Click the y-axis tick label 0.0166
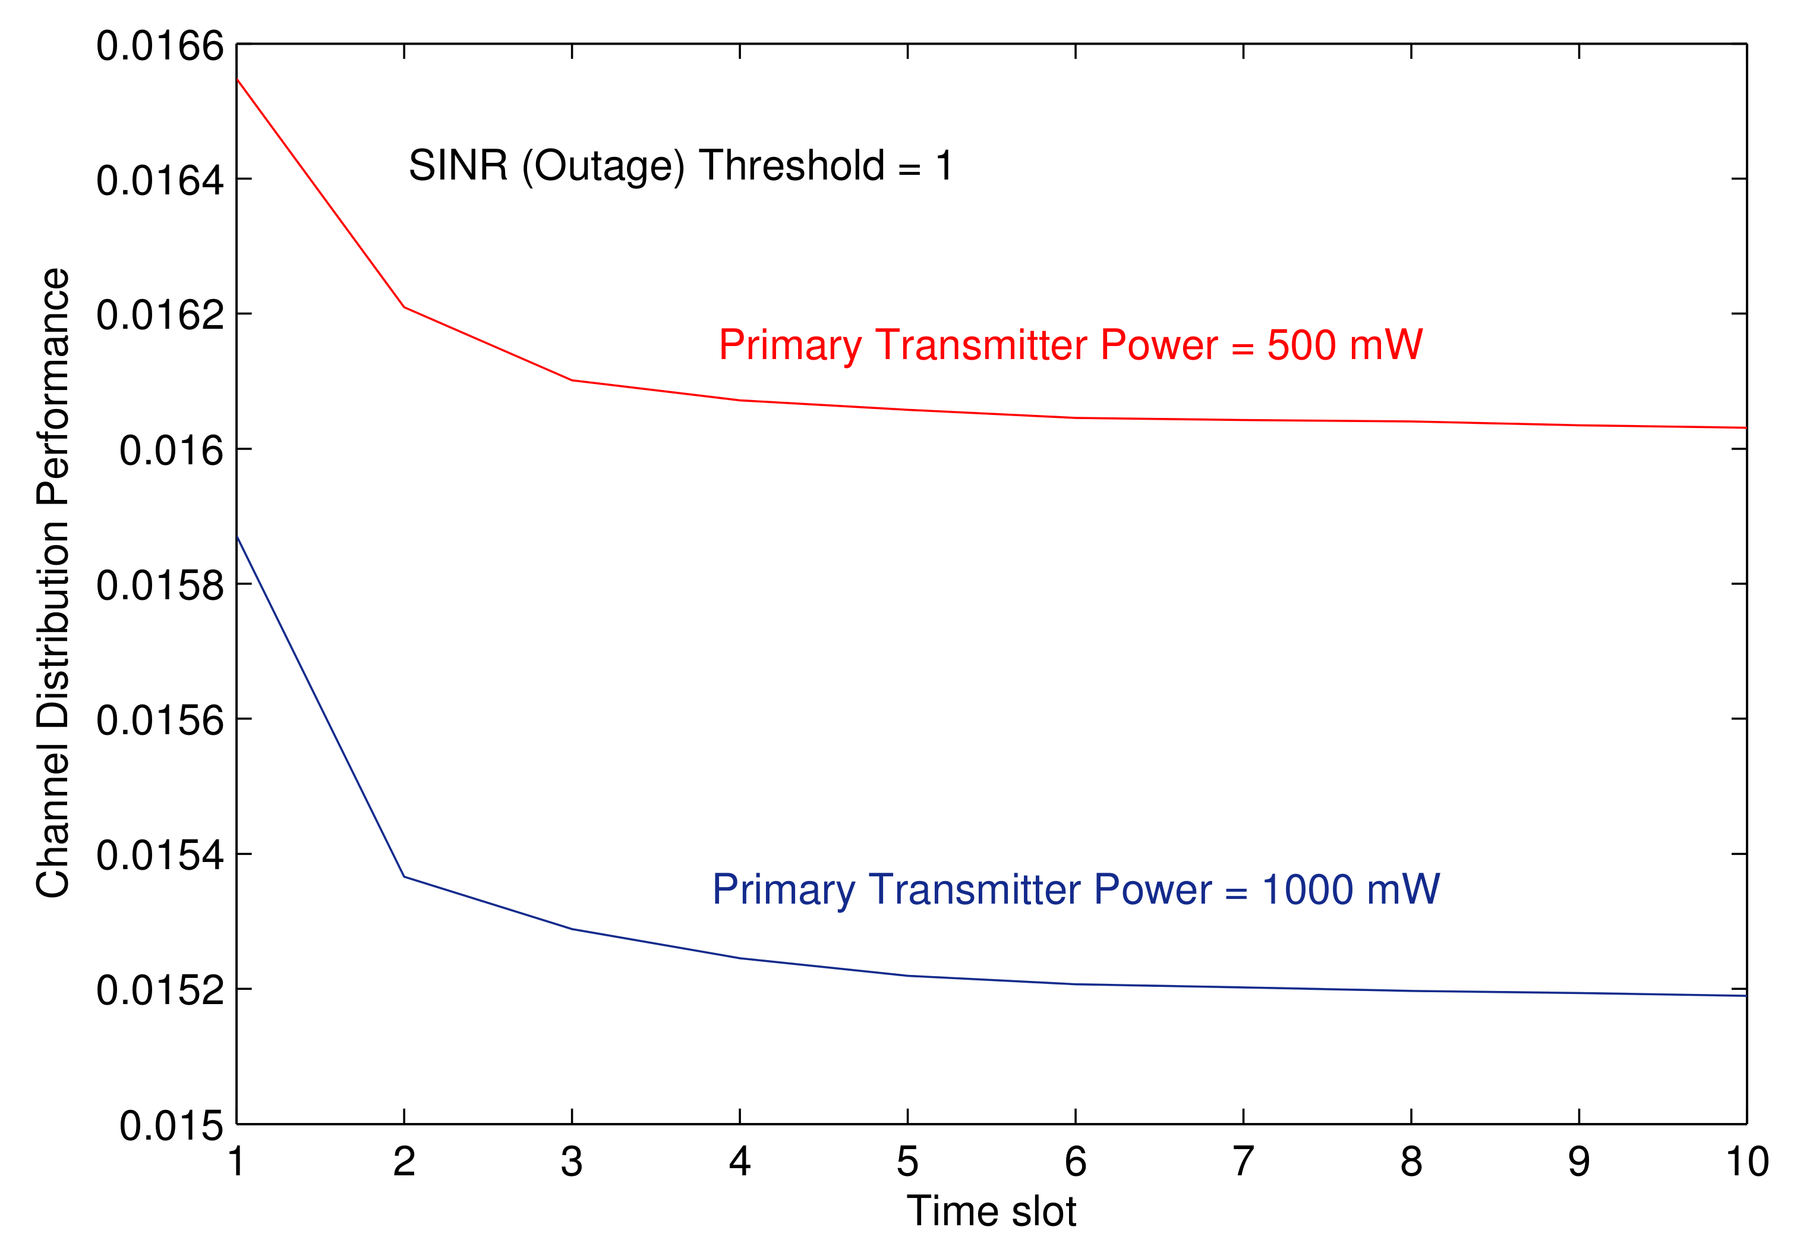[x=159, y=46]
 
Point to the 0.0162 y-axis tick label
[x=159, y=316]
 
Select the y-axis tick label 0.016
[x=171, y=451]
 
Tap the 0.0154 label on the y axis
[x=159, y=855]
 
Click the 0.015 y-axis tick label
[x=171, y=1126]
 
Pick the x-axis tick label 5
[x=907, y=1162]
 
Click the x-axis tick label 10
[x=1747, y=1162]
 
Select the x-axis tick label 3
[x=572, y=1162]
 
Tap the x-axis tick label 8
[x=1411, y=1162]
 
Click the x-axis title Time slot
[x=991, y=1212]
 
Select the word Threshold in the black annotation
[x=792, y=166]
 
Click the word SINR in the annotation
[x=458, y=166]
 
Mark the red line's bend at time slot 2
[x=404, y=307]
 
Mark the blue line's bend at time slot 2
[x=404, y=877]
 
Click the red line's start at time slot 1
[x=237, y=79]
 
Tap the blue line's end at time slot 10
[x=1745, y=996]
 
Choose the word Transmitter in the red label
[x=980, y=345]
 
